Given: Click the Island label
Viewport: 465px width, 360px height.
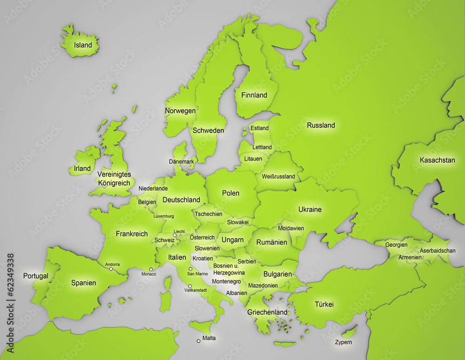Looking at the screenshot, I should tap(83, 46).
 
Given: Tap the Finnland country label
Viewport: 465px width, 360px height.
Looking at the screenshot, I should tap(254, 95).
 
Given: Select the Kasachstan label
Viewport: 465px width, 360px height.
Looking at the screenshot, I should tap(437, 160).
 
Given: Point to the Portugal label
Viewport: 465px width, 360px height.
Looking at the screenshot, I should tap(36, 276).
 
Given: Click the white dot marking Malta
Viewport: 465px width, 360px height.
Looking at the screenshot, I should tap(199, 341).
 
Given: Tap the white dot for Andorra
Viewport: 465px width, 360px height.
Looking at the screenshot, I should tap(111, 269).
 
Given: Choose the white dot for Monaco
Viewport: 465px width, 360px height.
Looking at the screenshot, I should tap(151, 269).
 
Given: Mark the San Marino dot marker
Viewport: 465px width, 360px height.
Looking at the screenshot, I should tap(190, 269).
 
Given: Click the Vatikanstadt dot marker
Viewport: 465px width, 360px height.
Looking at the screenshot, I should tap(190, 286).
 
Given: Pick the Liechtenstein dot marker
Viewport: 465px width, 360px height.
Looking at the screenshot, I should tap(175, 236).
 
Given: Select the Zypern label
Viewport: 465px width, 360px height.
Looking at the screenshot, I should tap(343, 342).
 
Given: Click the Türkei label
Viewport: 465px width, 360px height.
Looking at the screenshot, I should tap(324, 305).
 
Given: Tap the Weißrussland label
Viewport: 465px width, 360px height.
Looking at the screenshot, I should tap(279, 177).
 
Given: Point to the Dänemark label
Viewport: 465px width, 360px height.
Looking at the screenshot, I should tap(181, 161).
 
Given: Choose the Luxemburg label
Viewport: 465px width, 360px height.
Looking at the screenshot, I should tap(164, 216).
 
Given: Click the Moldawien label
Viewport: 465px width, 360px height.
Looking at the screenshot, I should tap(291, 228).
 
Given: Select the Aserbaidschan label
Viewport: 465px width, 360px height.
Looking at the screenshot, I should tap(438, 250).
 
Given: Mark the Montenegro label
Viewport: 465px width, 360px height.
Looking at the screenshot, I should tap(226, 281).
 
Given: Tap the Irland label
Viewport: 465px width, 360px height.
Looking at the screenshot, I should tap(82, 168).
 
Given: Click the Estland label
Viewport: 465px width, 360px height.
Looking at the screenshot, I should tap(259, 128).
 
